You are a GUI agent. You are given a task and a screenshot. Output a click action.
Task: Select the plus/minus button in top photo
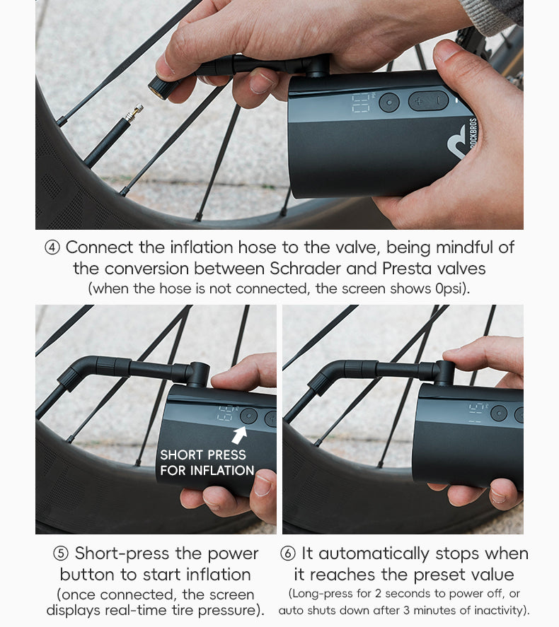pyautogui.click(x=428, y=101)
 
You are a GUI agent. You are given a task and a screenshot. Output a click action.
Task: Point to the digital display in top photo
pyautogui.click(x=362, y=103)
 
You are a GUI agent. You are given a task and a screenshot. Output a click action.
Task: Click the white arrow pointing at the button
pyautogui.click(x=239, y=433)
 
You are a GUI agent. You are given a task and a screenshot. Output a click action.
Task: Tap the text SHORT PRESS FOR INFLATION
pyautogui.click(x=207, y=462)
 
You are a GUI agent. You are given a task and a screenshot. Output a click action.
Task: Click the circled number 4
pyautogui.click(x=52, y=248)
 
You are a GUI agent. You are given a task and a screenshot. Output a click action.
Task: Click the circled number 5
pyautogui.click(x=61, y=553)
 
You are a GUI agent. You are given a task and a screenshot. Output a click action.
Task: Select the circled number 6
pyautogui.click(x=288, y=553)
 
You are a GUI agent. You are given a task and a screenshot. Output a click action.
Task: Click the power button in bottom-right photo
pyautogui.click(x=499, y=414)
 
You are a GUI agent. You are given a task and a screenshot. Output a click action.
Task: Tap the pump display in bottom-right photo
pyautogui.click(x=478, y=412)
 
